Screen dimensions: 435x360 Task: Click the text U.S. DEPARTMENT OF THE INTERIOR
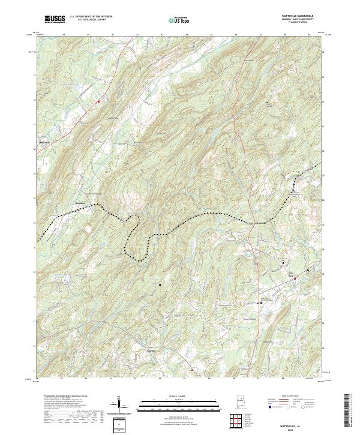pyautogui.click(x=91, y=17)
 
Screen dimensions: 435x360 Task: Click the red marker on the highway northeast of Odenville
pyautogui.click(x=98, y=101)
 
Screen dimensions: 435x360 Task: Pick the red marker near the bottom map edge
pyautogui.click(x=191, y=370)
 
